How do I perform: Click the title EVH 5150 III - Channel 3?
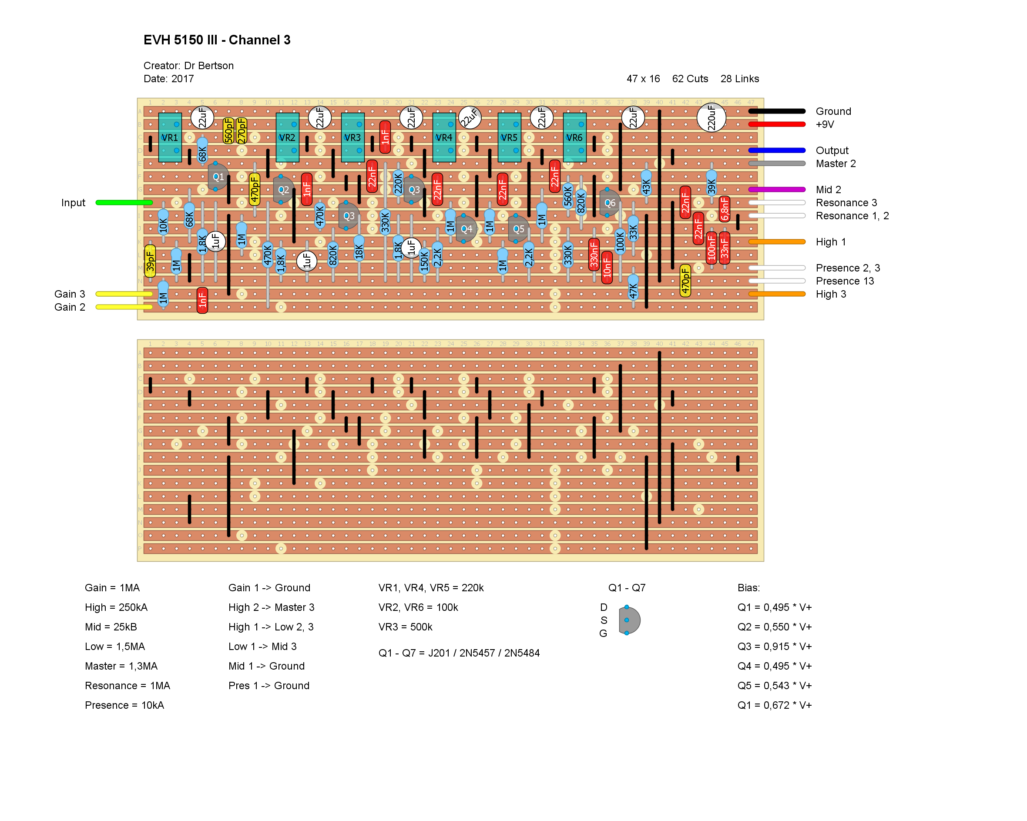[x=217, y=40]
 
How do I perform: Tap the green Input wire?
[x=124, y=203]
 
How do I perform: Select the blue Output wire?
[x=776, y=151]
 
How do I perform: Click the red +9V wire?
[x=776, y=124]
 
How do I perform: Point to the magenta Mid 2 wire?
[x=776, y=190]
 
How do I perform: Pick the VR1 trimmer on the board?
[x=170, y=137]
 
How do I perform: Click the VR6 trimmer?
[x=574, y=137]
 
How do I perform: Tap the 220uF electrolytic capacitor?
[x=711, y=117]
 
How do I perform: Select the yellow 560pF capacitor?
[x=228, y=131]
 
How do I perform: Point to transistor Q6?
[x=609, y=203]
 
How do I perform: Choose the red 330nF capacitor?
[x=594, y=254]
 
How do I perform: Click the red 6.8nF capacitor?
[x=725, y=208]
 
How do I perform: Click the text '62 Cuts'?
[x=690, y=79]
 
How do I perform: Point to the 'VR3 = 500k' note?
[x=406, y=627]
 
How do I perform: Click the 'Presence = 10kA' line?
[x=124, y=705]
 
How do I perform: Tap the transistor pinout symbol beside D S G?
[x=629, y=620]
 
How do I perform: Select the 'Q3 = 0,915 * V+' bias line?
[x=775, y=647]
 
